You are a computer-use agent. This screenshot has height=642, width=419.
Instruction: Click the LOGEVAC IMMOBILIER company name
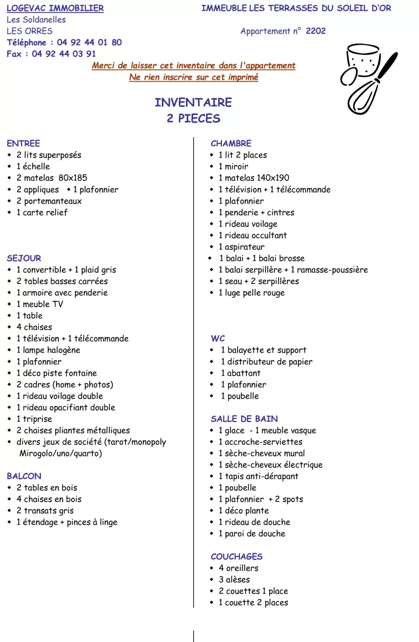pos(55,8)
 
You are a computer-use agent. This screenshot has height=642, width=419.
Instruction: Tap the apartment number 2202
pos(316,31)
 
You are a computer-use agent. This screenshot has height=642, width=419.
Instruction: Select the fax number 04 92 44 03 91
pos(64,54)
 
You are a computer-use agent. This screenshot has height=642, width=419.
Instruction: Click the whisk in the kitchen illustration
pos(369,90)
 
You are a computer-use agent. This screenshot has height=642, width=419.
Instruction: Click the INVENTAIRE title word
pos(193,102)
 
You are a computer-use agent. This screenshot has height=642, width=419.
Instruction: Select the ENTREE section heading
pos(23,143)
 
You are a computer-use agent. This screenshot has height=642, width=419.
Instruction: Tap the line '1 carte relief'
pos(42,212)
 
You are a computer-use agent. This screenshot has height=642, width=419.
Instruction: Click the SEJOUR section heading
pos(24,258)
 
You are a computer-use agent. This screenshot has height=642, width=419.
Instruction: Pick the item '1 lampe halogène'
pos(48,350)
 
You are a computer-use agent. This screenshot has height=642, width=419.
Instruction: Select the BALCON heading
pos(24,476)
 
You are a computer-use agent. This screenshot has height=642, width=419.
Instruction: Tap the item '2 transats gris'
pos(45,511)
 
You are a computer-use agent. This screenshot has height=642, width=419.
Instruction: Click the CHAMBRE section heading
pos(231,143)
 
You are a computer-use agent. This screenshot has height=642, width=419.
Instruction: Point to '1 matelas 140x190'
pos(253,178)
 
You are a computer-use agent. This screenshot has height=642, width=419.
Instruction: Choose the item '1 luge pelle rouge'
pos(251,293)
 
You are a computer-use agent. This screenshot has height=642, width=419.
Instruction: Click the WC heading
pos(218,338)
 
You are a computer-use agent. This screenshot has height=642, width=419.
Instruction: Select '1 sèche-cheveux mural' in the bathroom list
pos(261,453)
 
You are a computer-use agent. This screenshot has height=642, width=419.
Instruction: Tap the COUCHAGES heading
pos(236,557)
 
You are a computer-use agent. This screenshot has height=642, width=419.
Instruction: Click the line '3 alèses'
pos(234,580)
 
